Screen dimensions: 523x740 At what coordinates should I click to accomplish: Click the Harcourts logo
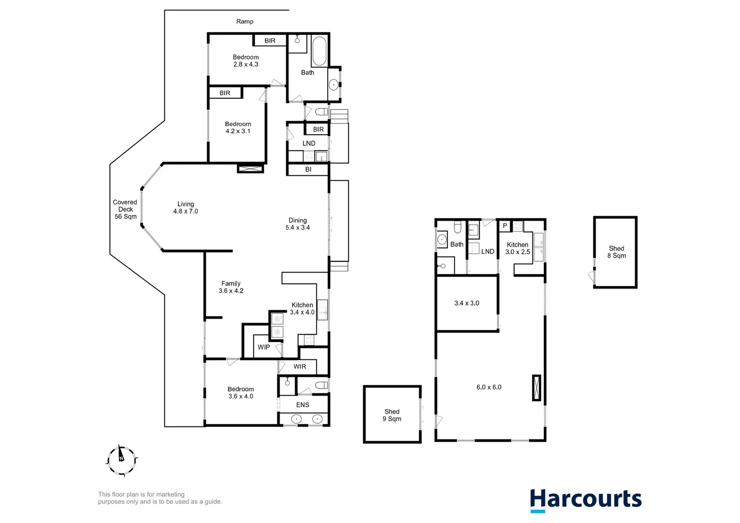click(585, 500)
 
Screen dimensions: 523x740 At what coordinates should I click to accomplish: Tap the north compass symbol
click(122, 460)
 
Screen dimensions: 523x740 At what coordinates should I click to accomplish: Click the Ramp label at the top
click(245, 21)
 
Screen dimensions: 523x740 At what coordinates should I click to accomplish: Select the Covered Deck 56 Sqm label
click(126, 210)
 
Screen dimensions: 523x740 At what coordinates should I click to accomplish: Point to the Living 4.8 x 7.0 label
click(186, 208)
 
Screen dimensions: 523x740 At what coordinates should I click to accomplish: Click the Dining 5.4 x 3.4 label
click(298, 224)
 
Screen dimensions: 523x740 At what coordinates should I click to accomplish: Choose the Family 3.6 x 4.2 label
click(231, 287)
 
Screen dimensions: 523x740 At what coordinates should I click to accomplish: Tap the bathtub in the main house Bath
click(319, 51)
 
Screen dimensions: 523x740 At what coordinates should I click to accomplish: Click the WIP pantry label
click(264, 347)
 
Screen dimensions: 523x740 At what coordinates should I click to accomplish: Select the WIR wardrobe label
click(299, 367)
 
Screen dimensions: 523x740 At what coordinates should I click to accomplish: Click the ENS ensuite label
click(302, 405)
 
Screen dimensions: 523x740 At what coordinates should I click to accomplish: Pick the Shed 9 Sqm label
click(392, 415)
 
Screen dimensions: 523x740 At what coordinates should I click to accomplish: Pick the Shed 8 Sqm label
click(616, 252)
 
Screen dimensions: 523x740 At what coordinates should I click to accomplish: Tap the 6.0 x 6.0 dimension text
click(489, 387)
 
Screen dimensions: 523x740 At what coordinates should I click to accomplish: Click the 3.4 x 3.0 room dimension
click(467, 303)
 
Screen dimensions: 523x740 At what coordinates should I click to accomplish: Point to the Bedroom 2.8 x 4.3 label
click(246, 61)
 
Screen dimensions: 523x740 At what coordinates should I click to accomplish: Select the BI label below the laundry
click(308, 169)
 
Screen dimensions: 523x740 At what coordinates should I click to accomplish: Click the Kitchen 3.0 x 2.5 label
click(518, 248)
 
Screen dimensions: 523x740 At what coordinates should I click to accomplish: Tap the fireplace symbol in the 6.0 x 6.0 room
click(536, 387)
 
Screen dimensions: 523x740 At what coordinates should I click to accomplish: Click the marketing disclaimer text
click(160, 498)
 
